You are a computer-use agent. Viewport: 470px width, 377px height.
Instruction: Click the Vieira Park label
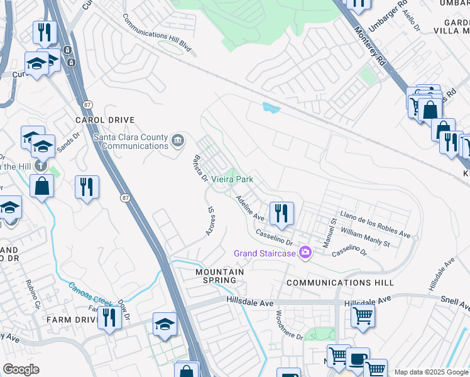coord(232,179)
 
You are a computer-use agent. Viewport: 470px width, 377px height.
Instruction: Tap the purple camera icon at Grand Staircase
coord(306,253)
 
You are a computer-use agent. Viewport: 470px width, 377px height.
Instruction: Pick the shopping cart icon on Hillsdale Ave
coord(363,315)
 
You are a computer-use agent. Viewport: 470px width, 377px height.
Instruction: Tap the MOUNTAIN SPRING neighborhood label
coord(219,277)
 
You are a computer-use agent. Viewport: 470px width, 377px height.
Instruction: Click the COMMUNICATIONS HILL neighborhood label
coord(340,283)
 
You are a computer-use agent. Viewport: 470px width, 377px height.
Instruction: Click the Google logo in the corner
coord(21,369)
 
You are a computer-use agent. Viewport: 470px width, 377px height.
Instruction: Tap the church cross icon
coord(40,166)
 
